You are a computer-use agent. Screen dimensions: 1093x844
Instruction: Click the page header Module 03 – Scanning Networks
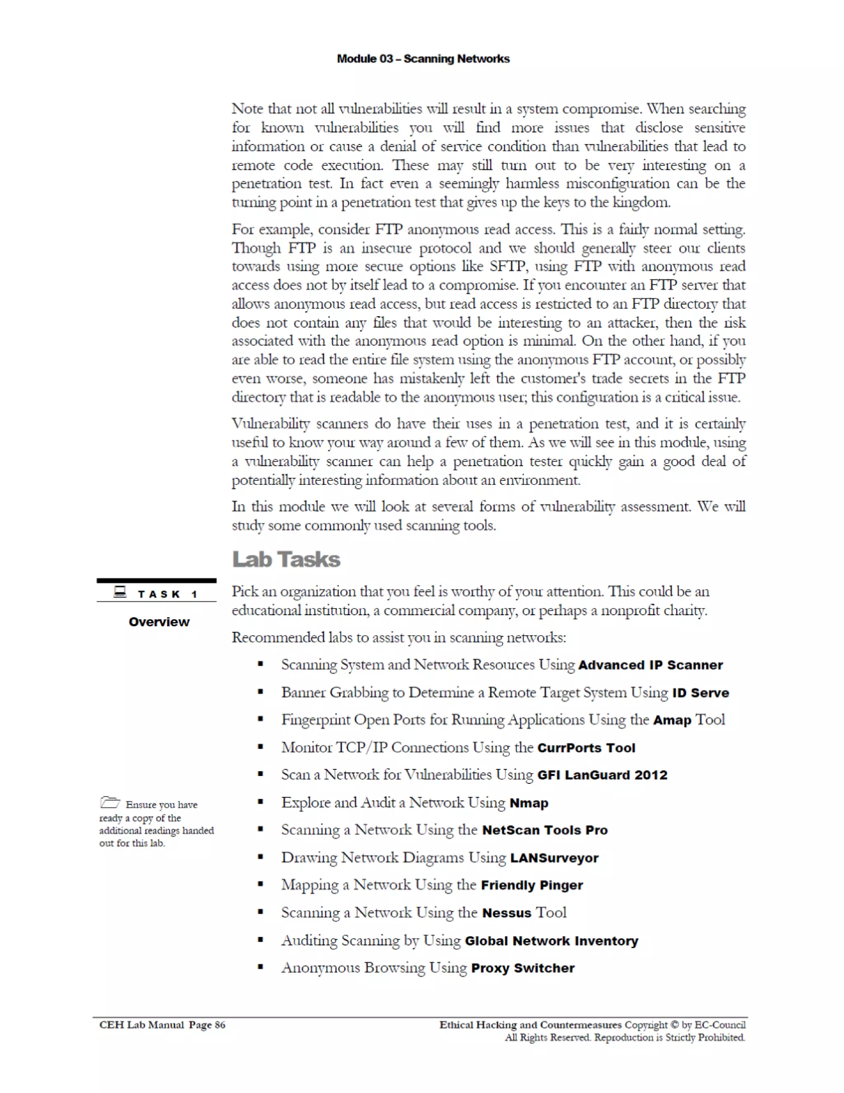coord(423,59)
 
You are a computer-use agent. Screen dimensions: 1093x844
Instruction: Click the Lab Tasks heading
coord(286,559)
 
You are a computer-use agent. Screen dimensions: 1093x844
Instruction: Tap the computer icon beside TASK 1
coord(120,592)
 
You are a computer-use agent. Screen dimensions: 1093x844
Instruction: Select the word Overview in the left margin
coord(159,622)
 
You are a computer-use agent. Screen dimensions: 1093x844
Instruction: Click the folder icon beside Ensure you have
coord(110,803)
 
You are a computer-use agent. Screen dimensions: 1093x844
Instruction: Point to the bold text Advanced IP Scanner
coord(650,665)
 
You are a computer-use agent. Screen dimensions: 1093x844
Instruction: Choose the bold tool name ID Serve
coord(701,693)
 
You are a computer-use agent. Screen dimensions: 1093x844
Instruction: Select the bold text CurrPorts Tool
coord(586,747)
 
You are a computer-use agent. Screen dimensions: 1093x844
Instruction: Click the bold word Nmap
coord(528,803)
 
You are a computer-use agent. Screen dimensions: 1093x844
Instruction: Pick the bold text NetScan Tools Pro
coord(544,830)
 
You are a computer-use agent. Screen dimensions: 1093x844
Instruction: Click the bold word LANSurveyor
coord(554,858)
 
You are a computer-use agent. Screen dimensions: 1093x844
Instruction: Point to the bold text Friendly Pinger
coord(532,885)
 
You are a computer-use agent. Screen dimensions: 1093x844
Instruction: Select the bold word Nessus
coord(506,913)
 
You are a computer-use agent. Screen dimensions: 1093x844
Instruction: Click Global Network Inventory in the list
coord(551,941)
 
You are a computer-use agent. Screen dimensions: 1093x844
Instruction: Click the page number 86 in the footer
coord(220,1025)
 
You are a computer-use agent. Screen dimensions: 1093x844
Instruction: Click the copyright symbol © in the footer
coord(674,1025)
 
